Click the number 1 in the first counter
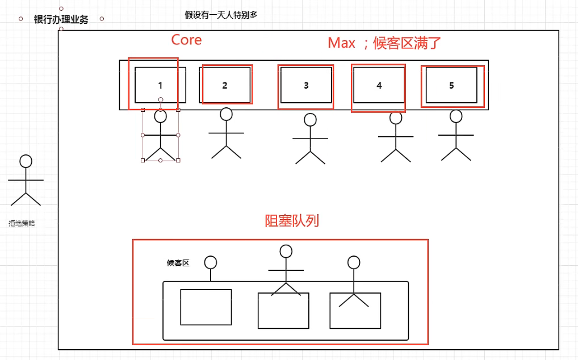[160, 86]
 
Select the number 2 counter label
[225, 86]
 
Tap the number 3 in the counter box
[306, 86]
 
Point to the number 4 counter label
[379, 86]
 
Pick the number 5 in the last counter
[452, 86]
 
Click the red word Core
[186, 40]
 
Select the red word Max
[342, 43]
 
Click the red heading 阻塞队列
[292, 221]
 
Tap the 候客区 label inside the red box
[178, 263]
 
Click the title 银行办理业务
[61, 19]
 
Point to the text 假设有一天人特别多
[221, 15]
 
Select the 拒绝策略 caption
[22, 224]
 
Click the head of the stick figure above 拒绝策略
[26, 161]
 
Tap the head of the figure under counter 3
[310, 120]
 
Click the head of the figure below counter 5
[456, 116]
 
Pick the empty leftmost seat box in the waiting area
[206, 307]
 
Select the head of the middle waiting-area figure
[286, 251]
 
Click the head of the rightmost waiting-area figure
[354, 262]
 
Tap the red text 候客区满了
[407, 43]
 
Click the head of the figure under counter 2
[227, 114]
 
